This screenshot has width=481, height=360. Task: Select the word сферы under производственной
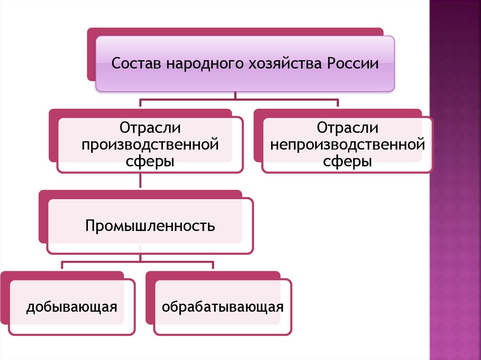click(150, 161)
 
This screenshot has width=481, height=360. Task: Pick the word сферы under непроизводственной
click(347, 161)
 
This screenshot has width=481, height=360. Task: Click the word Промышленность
click(150, 226)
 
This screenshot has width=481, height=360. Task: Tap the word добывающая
click(71, 307)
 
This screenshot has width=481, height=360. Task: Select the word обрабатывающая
click(223, 307)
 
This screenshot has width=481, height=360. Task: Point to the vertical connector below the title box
click(235, 95)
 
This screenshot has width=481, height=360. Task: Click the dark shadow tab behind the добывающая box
click(4, 300)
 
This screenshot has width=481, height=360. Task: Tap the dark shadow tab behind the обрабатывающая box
click(149, 300)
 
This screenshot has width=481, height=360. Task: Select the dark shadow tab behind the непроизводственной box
click(257, 141)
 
